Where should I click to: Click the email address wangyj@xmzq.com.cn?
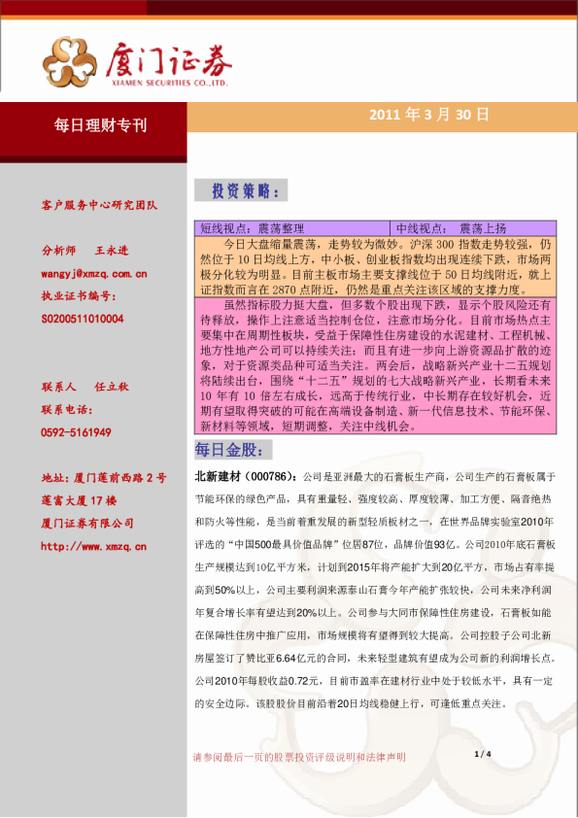point(94,274)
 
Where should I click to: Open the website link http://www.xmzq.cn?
point(94,546)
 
